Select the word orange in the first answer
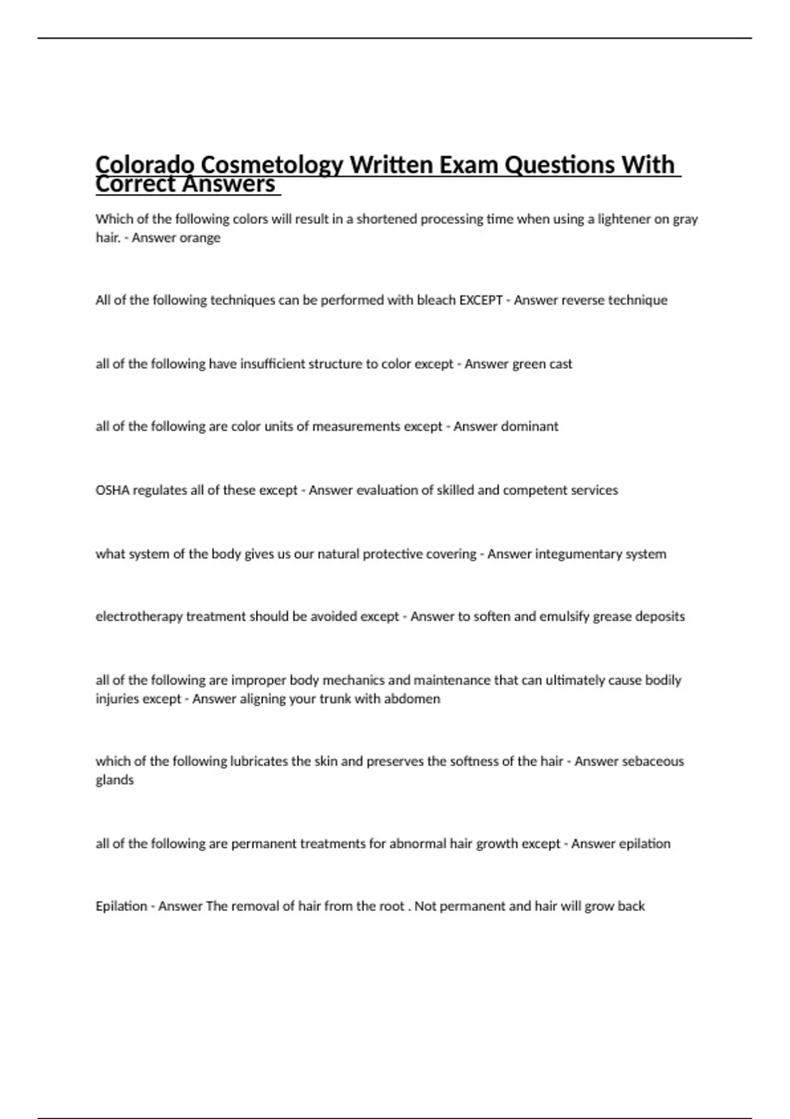tap(199, 238)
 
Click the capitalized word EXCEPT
tap(481, 300)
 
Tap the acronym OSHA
tap(113, 490)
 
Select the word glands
tap(115, 780)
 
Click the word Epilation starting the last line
tap(121, 906)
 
